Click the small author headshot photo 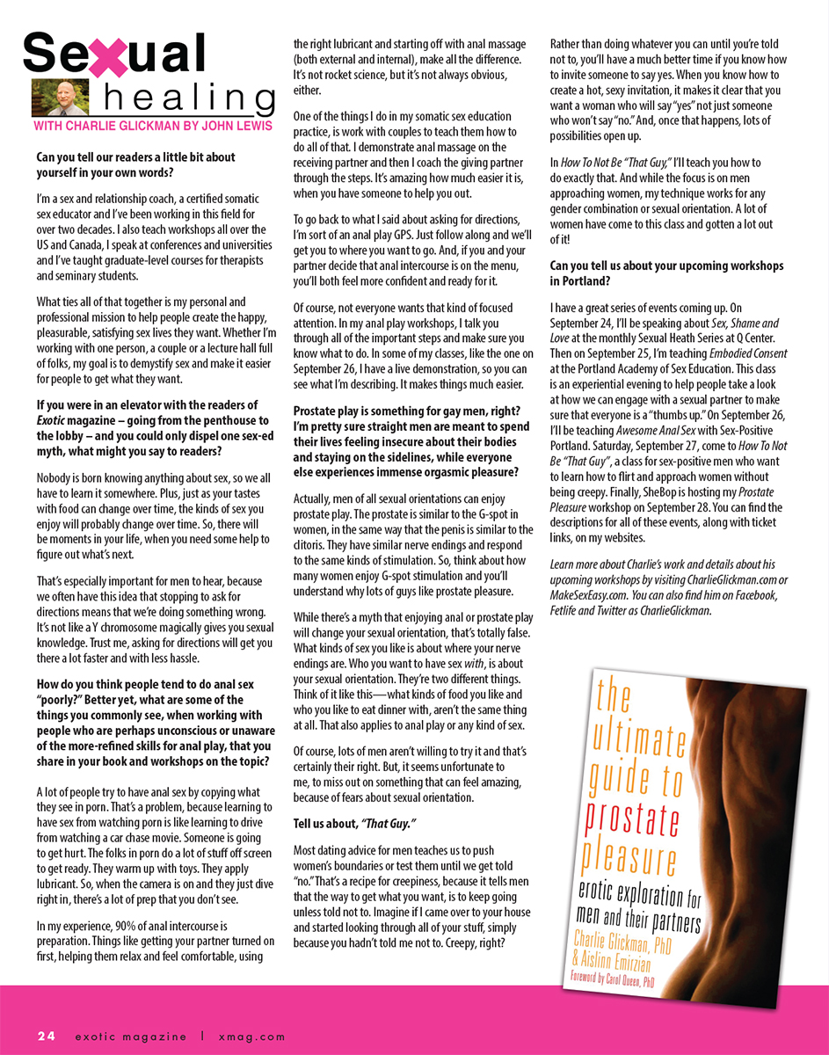54,98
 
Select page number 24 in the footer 47,1036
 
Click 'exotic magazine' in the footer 129,1036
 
